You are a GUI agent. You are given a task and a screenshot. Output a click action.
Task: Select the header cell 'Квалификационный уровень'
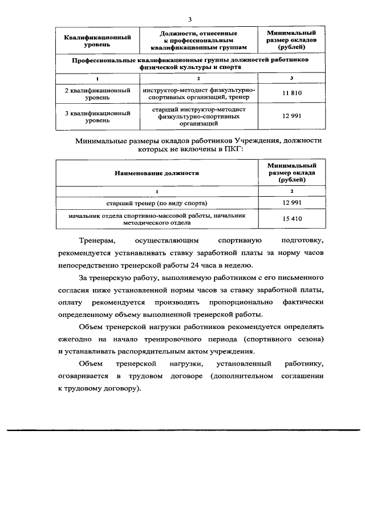[x=98, y=41]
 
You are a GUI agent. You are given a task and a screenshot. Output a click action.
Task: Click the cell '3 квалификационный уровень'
[x=98, y=117]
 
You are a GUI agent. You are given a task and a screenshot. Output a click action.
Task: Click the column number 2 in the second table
[x=291, y=191]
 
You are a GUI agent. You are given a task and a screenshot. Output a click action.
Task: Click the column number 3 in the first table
[x=291, y=78]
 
